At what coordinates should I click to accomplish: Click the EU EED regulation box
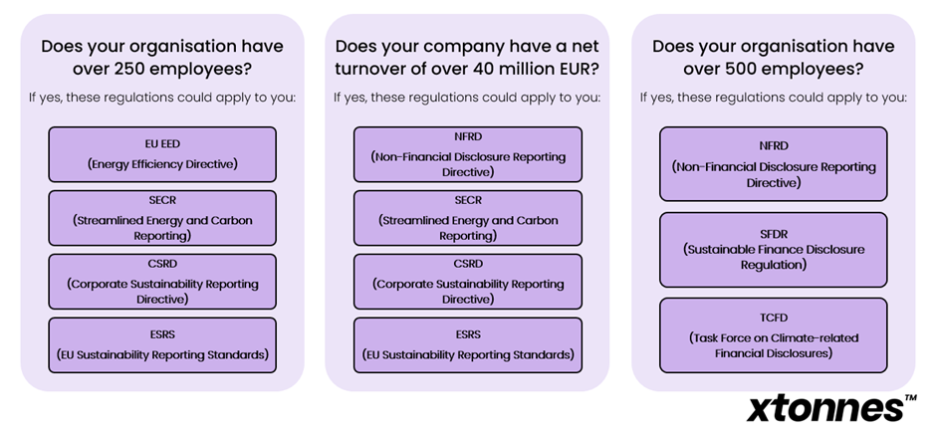coord(162,154)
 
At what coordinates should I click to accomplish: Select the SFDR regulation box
coord(773,250)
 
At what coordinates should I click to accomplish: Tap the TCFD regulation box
coord(773,335)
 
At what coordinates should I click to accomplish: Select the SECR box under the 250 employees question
coord(162,218)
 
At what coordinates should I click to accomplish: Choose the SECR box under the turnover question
coord(468,218)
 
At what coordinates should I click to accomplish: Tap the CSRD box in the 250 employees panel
coord(162,282)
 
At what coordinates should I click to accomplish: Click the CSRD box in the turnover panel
coord(468,282)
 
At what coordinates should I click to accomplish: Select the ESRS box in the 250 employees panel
coord(162,345)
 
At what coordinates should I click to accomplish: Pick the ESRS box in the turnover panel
coord(468,345)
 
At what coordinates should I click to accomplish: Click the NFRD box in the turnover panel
coord(468,154)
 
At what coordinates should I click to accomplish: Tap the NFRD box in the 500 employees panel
coord(773,163)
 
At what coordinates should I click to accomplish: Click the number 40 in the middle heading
coord(475,69)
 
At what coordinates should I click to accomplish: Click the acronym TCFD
coord(773,319)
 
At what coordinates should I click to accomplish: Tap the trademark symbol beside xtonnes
coord(911,397)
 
